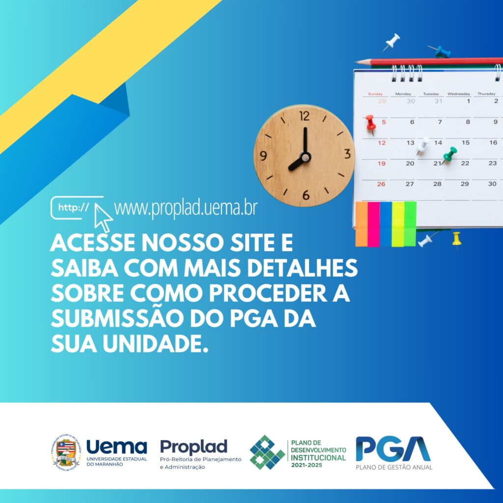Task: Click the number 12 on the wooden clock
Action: (304, 116)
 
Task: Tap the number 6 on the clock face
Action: (306, 195)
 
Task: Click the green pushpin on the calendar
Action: (449, 155)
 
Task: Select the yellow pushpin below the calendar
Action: (456, 239)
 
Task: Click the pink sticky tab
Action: (373, 224)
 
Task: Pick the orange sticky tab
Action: (362, 224)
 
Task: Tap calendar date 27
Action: (410, 184)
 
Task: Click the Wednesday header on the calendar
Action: (458, 94)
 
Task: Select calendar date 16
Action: (493, 142)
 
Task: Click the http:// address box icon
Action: (77, 208)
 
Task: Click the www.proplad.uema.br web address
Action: (186, 208)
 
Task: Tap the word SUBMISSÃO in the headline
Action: (117, 318)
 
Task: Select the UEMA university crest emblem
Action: (66, 452)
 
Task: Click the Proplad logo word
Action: (194, 447)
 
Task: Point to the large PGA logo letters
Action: (393, 448)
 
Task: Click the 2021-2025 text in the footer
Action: (307, 465)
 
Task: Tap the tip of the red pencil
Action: (356, 62)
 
